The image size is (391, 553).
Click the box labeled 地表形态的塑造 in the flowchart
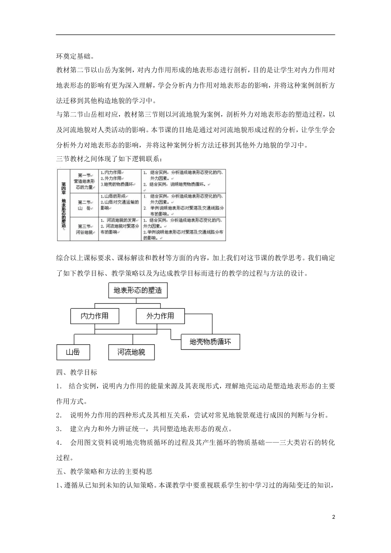tap(137, 290)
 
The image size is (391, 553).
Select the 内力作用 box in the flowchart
tap(94, 316)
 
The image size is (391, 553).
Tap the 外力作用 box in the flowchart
tap(160, 316)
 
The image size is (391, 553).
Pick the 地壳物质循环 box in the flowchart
tap(210, 342)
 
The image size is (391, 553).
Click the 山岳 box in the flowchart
tap(73, 352)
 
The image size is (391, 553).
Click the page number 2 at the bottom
tap(334, 516)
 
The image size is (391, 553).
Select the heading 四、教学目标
tap(77, 372)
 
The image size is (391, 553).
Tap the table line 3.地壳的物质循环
tap(117, 185)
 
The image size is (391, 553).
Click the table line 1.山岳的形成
tap(113, 196)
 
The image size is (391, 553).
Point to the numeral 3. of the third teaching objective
tap(59, 429)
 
